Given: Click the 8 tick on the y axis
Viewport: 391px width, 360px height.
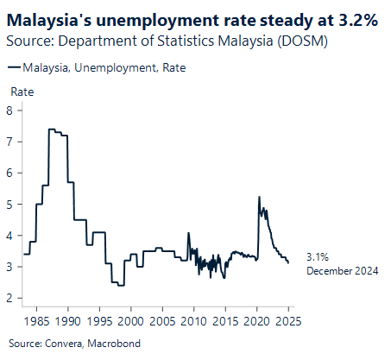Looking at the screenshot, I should pyautogui.click(x=9, y=110).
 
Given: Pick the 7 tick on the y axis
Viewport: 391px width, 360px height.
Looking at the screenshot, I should pyautogui.click(x=9, y=141).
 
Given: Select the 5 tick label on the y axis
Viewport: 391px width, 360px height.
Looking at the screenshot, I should pyautogui.click(x=9, y=204).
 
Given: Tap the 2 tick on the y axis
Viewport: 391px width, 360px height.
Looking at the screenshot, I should pyautogui.click(x=9, y=298).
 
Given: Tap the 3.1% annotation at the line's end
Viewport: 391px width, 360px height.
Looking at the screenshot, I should pyautogui.click(x=317, y=257).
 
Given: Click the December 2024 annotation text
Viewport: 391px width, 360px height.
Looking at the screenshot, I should pyautogui.click(x=343, y=271).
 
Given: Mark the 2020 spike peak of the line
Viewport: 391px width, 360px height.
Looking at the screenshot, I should pyautogui.click(x=260, y=197).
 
